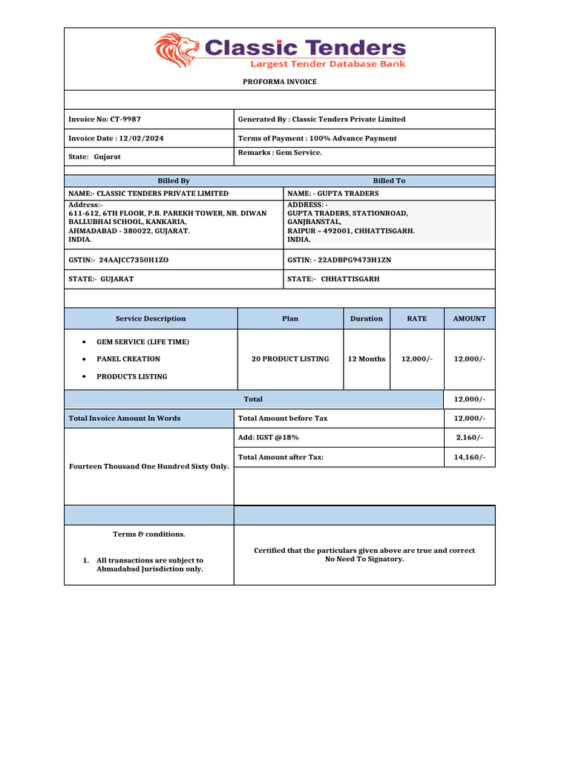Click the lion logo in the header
click(x=177, y=50)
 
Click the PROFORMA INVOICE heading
click(x=279, y=82)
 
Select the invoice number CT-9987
click(x=125, y=119)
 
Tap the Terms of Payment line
click(x=317, y=139)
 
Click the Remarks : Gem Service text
click(x=280, y=153)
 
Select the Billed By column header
click(x=174, y=181)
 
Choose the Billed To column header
click(x=389, y=181)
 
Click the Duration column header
click(x=367, y=319)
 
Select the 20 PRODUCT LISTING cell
click(x=290, y=359)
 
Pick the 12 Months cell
click(x=367, y=359)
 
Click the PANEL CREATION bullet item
click(x=128, y=359)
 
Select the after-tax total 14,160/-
click(x=469, y=458)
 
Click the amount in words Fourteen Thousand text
click(x=149, y=467)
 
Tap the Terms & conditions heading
click(x=149, y=534)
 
